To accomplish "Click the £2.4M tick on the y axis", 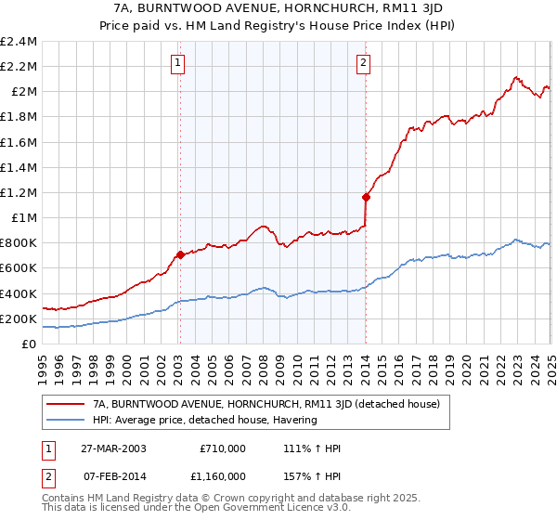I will pyautogui.click(x=19, y=41).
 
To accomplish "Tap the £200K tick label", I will pyautogui.click(x=19, y=318).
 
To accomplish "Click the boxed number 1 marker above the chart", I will pyautogui.click(x=177, y=63).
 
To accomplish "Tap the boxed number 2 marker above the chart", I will pyautogui.click(x=363, y=63).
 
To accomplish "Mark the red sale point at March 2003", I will pyautogui.click(x=180, y=254).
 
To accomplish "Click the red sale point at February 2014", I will pyautogui.click(x=366, y=197).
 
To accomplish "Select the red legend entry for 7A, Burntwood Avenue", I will pyautogui.click(x=271, y=404).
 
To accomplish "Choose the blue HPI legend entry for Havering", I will pyautogui.click(x=204, y=420).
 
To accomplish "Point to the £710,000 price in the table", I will pyautogui.click(x=223, y=448).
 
